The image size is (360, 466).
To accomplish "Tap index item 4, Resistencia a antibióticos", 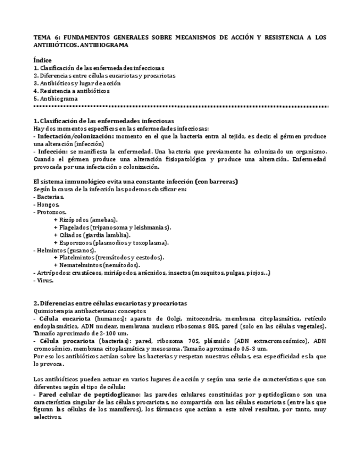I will (74, 91).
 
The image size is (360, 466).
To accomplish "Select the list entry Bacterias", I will (50, 196).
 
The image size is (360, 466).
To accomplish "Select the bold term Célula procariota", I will (64, 341).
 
